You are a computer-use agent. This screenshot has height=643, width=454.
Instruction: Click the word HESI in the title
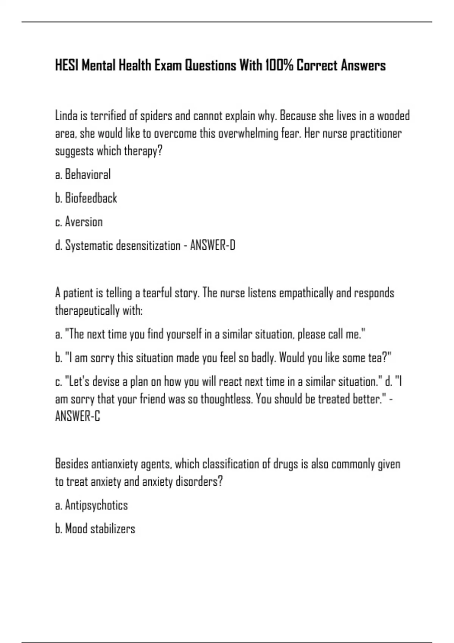[x=67, y=66]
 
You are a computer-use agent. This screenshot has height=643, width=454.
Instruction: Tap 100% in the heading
[x=279, y=66]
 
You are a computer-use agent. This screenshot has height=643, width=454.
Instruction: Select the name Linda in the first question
[x=66, y=116]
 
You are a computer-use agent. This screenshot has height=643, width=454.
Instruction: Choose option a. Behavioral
[x=83, y=175]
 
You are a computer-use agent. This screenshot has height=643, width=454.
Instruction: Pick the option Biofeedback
[x=91, y=198]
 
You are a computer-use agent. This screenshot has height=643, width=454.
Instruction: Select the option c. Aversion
[x=79, y=222]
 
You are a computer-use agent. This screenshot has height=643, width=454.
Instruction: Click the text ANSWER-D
[x=213, y=245]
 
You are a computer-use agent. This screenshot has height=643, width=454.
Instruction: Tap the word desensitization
[x=148, y=245]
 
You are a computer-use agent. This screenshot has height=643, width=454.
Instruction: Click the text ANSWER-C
[x=78, y=416]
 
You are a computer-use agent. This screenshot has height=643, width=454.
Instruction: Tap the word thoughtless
[x=226, y=399]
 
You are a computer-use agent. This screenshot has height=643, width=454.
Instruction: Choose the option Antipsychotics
[x=96, y=505]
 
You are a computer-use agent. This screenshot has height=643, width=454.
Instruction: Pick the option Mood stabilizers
[x=100, y=529]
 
